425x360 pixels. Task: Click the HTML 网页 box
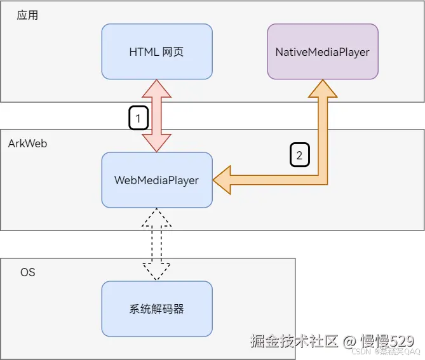(x=156, y=51)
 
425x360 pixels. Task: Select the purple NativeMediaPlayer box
(x=322, y=51)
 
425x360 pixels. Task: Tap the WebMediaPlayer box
(x=156, y=180)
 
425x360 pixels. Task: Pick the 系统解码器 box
(x=156, y=309)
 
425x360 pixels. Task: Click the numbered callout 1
(x=138, y=117)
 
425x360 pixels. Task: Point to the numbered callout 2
(x=300, y=154)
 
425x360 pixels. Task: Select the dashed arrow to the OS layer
(x=156, y=244)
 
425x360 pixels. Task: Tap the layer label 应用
(x=27, y=15)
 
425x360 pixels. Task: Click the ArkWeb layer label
(x=27, y=143)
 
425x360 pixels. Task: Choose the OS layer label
(x=27, y=272)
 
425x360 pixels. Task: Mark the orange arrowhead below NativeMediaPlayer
(x=322, y=89)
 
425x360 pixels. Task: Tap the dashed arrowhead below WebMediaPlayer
(x=156, y=217)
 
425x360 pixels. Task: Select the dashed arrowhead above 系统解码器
(x=156, y=272)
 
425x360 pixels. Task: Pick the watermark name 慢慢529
(x=388, y=341)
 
